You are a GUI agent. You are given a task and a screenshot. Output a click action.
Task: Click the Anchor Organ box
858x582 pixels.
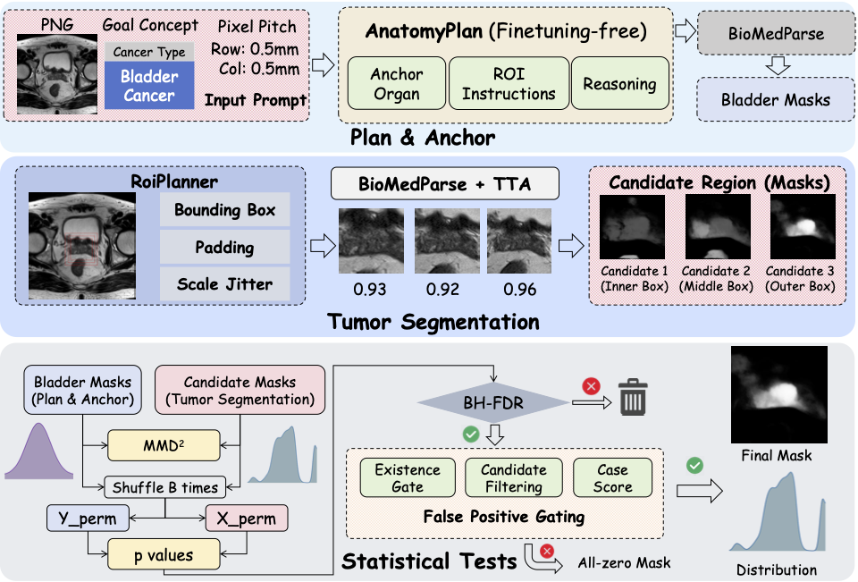(x=396, y=84)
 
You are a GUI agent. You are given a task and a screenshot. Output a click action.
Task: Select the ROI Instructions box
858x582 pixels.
(x=509, y=84)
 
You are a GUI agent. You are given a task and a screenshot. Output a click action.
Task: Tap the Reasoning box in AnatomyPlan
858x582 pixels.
(x=619, y=84)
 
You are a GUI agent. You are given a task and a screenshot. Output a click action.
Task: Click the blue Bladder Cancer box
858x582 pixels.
(x=149, y=86)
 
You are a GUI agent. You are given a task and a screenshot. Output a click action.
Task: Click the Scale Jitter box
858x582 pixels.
(x=225, y=285)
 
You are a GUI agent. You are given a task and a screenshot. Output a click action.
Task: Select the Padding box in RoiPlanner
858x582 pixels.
(x=225, y=248)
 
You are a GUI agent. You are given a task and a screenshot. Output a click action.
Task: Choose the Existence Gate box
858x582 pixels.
(x=408, y=478)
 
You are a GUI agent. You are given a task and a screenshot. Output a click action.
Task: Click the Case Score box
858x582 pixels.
(x=612, y=478)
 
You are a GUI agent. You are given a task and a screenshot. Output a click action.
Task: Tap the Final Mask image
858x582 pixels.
(x=776, y=393)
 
